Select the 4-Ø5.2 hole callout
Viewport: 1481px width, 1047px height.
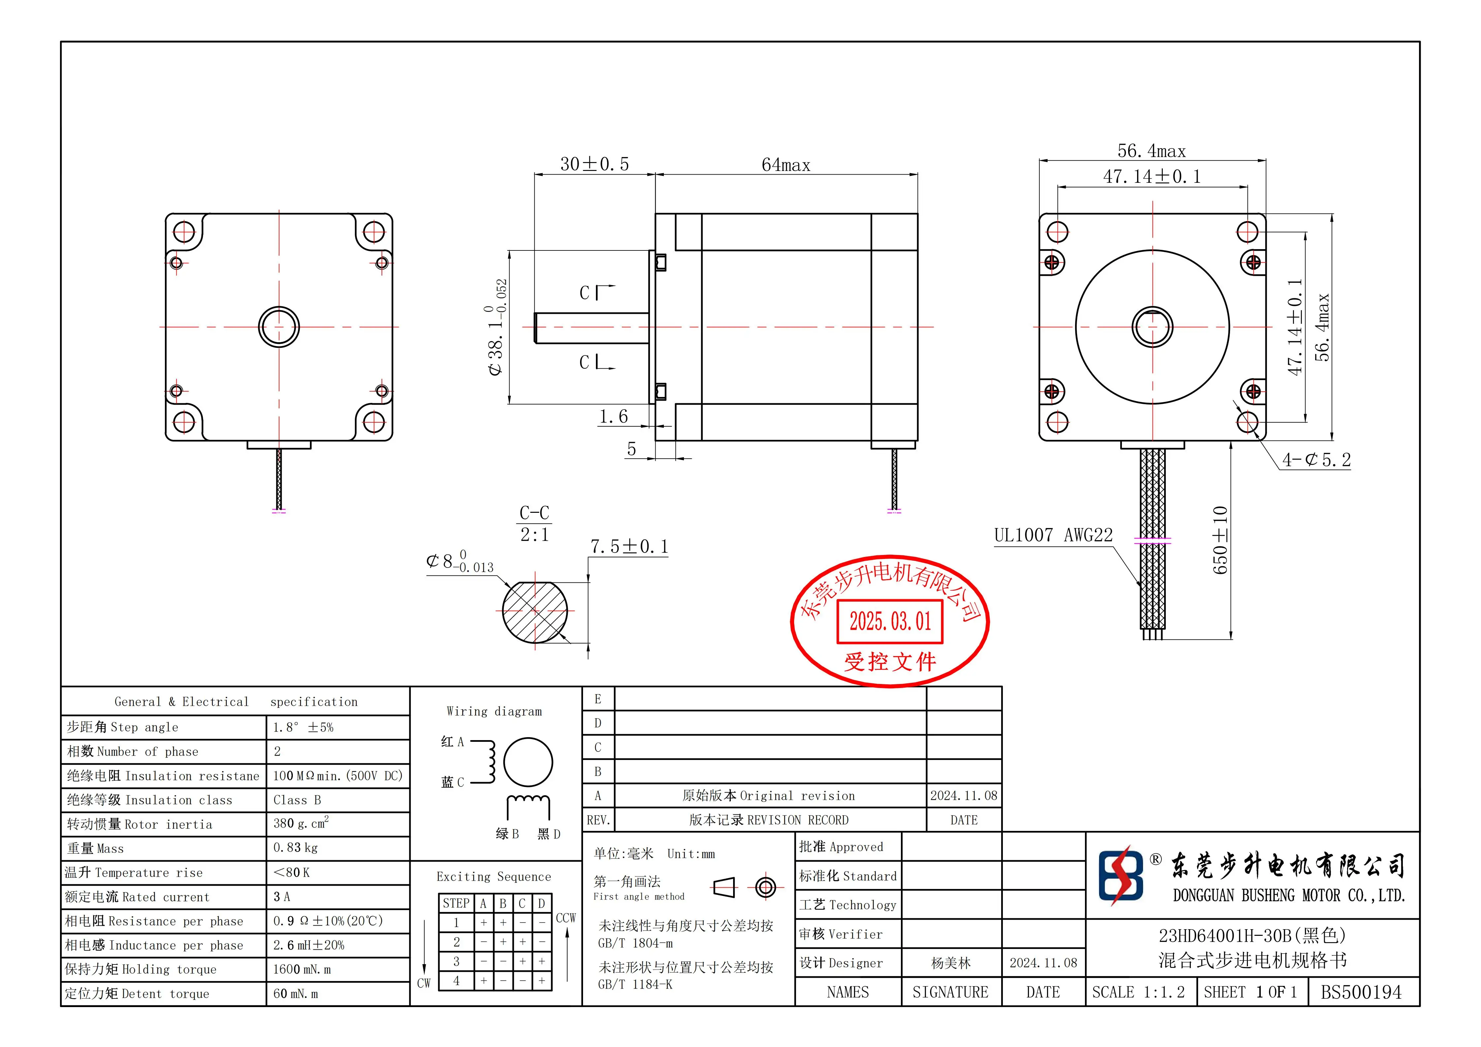[x=1316, y=460]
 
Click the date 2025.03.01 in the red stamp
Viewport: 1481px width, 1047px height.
[x=890, y=622]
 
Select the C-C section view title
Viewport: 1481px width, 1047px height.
[x=534, y=513]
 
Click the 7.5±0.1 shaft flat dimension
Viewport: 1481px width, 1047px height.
[x=629, y=547]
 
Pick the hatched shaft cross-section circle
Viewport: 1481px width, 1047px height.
[x=535, y=611]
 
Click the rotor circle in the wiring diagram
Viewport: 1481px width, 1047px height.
[x=528, y=762]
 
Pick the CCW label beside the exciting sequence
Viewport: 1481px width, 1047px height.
[x=566, y=918]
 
